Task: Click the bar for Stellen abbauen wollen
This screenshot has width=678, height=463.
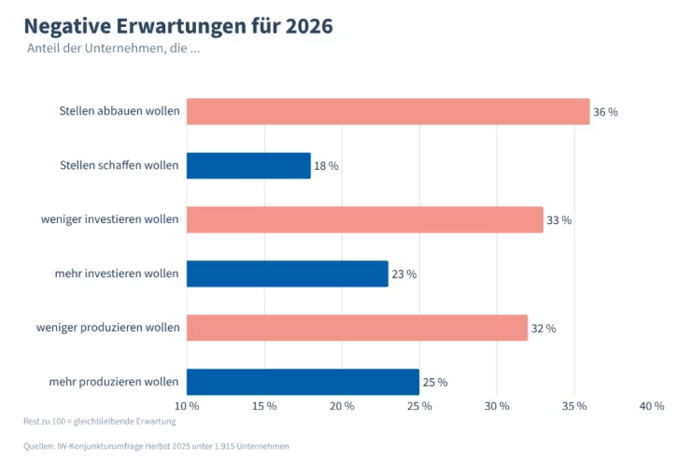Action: point(388,111)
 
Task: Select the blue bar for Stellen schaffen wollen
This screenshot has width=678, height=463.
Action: point(248,165)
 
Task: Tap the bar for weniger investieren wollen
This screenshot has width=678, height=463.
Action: point(365,219)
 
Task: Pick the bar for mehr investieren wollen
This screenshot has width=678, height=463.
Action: point(288,274)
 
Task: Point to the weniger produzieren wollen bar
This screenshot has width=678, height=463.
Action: point(357,328)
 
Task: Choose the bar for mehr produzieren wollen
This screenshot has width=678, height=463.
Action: point(303,382)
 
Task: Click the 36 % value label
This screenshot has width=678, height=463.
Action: point(605,112)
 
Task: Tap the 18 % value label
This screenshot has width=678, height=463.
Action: point(326,166)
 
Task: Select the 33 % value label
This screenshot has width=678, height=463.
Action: point(559,220)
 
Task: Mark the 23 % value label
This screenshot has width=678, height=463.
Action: point(404,274)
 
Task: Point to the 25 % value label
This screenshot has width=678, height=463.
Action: point(435,382)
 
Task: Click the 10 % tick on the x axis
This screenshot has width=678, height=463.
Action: point(187,406)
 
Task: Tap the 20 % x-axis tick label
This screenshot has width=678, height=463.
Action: point(342,406)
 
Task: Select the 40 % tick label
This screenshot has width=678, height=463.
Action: point(652,406)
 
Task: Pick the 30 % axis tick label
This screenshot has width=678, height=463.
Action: point(497,406)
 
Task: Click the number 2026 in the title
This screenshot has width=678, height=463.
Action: point(309,26)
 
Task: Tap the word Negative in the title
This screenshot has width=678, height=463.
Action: point(67,26)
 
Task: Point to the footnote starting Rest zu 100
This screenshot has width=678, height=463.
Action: point(99,421)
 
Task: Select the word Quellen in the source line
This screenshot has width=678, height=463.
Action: point(39,446)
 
